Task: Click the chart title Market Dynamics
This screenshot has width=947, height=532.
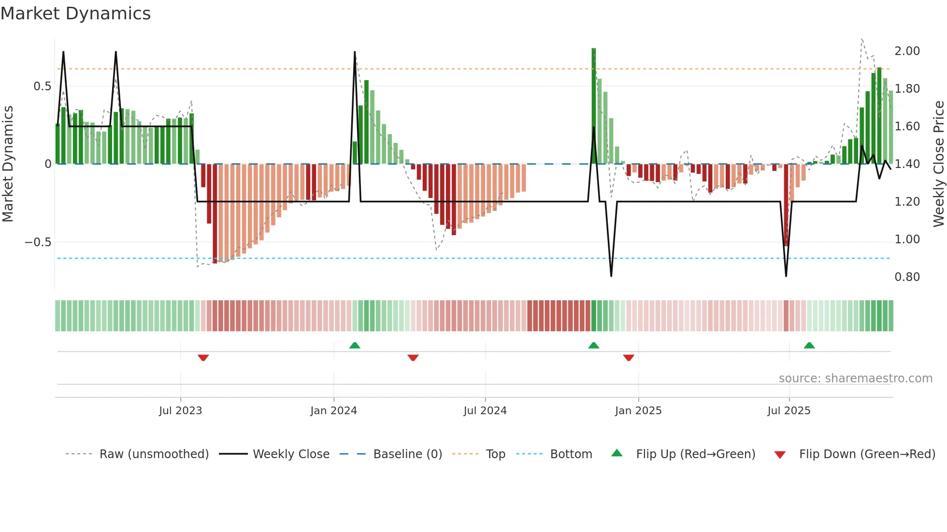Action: [76, 14]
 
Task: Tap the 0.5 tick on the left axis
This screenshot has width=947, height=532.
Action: [42, 86]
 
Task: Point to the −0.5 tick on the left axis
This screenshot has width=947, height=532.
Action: [38, 242]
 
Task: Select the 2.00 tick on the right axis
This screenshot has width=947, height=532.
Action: [907, 51]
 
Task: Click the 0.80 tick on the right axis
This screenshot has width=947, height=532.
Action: [907, 277]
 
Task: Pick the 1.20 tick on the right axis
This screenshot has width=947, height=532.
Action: [907, 202]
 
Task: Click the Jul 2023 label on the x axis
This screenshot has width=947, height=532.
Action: [180, 411]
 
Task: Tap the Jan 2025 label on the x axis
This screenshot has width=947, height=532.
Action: [638, 411]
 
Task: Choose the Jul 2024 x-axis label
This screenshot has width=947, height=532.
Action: [485, 411]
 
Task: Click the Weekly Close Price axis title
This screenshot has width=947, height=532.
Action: [938, 164]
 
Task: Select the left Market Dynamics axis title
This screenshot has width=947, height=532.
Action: [8, 164]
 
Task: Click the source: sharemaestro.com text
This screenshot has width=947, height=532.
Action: [855, 378]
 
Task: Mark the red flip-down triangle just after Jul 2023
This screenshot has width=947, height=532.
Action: [203, 358]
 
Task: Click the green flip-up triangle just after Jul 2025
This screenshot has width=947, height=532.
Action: [809, 345]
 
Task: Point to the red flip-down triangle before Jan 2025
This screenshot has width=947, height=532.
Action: [628, 358]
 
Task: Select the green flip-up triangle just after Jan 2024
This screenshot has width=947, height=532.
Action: [355, 345]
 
